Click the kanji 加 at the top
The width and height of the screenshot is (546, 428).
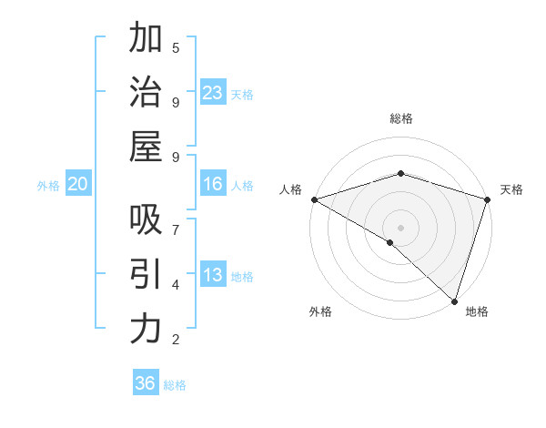(x=146, y=39)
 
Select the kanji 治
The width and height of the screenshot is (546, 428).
(x=146, y=93)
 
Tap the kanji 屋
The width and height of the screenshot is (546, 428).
(x=146, y=147)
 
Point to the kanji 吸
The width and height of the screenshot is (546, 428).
(x=146, y=219)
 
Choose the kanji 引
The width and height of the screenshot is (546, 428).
(x=146, y=274)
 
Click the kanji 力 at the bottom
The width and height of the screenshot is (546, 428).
(x=146, y=329)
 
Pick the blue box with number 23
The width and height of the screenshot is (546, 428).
(x=213, y=93)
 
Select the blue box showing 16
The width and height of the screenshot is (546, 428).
(x=213, y=184)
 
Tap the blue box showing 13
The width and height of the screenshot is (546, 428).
(x=213, y=275)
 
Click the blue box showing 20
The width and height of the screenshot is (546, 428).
(x=78, y=184)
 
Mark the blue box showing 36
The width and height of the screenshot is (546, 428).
(x=145, y=383)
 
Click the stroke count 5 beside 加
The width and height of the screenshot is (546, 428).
(x=176, y=47)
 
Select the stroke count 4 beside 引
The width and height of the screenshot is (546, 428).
(x=176, y=284)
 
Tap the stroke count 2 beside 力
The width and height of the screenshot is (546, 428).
(x=176, y=339)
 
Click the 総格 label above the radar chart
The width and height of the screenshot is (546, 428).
(x=401, y=118)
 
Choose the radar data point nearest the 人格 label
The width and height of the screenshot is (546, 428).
(x=314, y=199)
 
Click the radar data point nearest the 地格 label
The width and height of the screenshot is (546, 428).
(x=454, y=301)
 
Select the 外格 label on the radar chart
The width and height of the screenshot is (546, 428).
(x=320, y=312)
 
